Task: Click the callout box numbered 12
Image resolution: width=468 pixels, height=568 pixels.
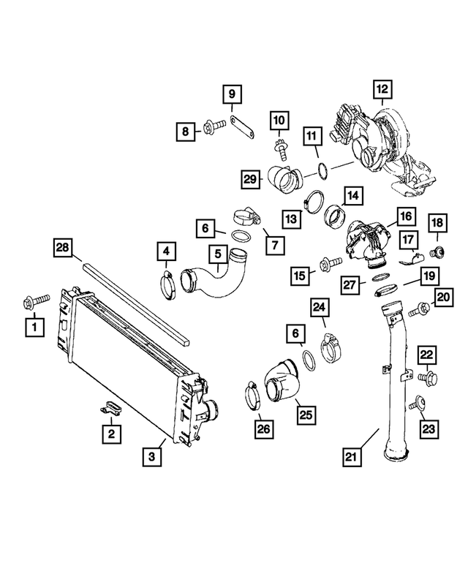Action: pos(381,90)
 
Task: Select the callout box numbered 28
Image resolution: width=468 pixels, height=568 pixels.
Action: pos(64,249)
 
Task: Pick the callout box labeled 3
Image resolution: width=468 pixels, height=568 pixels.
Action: pos(152,458)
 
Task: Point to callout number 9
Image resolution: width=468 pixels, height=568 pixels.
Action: pos(231,94)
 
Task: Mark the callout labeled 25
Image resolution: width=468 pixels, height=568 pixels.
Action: pos(305,414)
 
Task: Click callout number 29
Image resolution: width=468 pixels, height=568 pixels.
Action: pos(250,178)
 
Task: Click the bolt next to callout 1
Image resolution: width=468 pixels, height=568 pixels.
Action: pos(37,300)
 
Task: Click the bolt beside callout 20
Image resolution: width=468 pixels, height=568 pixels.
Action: pos(419,311)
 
